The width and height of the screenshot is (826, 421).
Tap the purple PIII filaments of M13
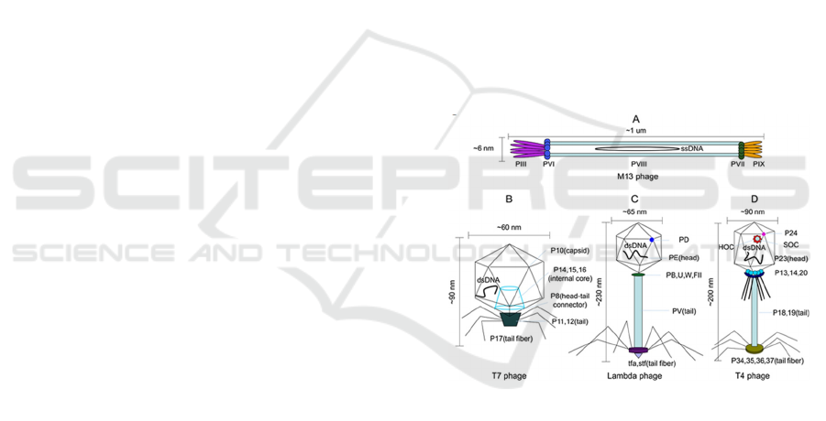click(526, 148)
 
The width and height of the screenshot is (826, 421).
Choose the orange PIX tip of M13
click(755, 148)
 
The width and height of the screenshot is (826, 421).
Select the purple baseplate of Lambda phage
click(638, 351)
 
